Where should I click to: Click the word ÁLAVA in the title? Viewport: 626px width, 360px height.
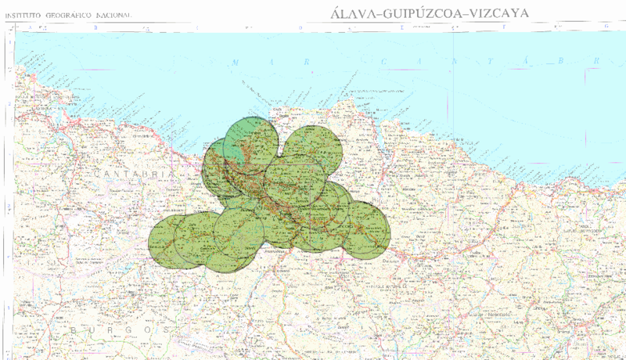[346, 13]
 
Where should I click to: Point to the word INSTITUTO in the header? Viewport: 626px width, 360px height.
[27, 15]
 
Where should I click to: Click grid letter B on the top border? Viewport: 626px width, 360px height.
[96, 27]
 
